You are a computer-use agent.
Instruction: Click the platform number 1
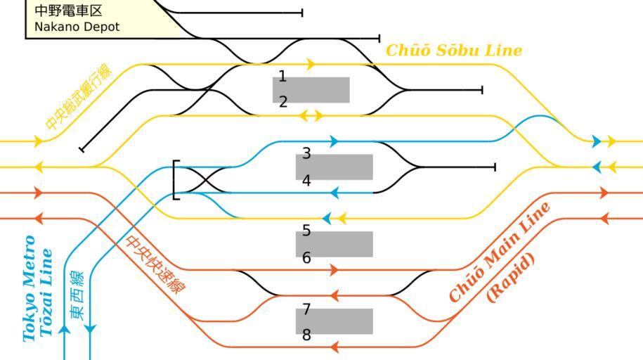click(282, 76)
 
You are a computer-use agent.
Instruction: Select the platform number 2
click(283, 102)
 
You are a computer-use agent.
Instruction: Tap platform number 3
click(306, 153)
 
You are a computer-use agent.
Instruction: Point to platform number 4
click(306, 181)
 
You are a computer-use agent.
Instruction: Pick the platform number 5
click(306, 231)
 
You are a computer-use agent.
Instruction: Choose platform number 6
click(306, 258)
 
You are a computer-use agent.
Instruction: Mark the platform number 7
click(306, 309)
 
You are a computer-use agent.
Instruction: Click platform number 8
click(306, 335)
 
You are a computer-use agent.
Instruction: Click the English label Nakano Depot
click(77, 27)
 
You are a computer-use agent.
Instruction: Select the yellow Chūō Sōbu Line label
click(454, 51)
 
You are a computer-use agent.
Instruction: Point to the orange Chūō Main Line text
click(499, 252)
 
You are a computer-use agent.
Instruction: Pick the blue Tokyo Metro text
click(29, 288)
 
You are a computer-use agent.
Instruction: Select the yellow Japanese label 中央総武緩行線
click(78, 96)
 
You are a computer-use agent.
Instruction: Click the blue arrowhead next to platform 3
click(335, 141)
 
